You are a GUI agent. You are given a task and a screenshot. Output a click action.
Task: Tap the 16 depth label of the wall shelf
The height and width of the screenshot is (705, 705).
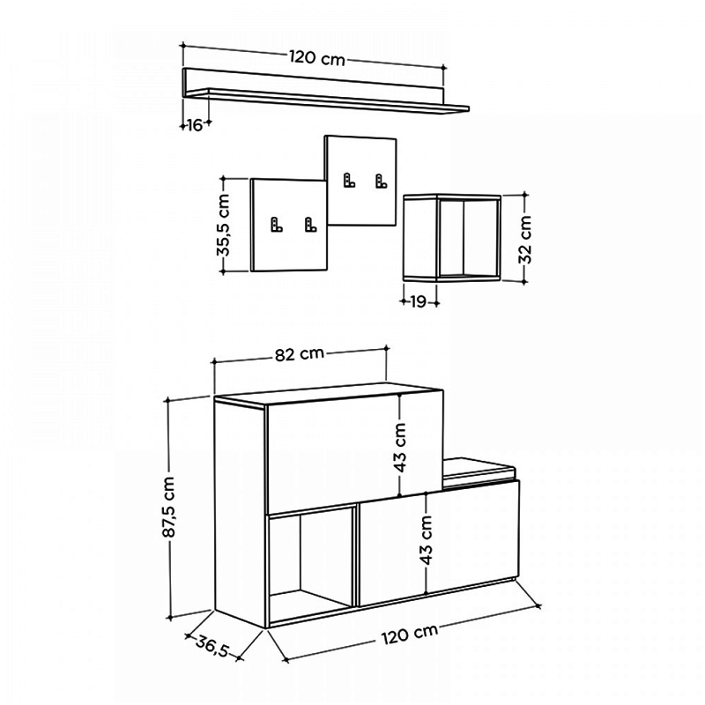pos(194,125)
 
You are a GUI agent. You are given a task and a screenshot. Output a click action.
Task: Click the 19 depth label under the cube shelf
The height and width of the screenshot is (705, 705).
pos(418,301)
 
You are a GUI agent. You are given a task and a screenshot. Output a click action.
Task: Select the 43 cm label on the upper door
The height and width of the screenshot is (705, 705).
pos(400,449)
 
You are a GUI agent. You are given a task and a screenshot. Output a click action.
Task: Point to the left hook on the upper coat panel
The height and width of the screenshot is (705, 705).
pos(349,182)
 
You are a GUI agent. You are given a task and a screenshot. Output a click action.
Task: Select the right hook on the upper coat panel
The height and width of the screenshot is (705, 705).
pos(380,182)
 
